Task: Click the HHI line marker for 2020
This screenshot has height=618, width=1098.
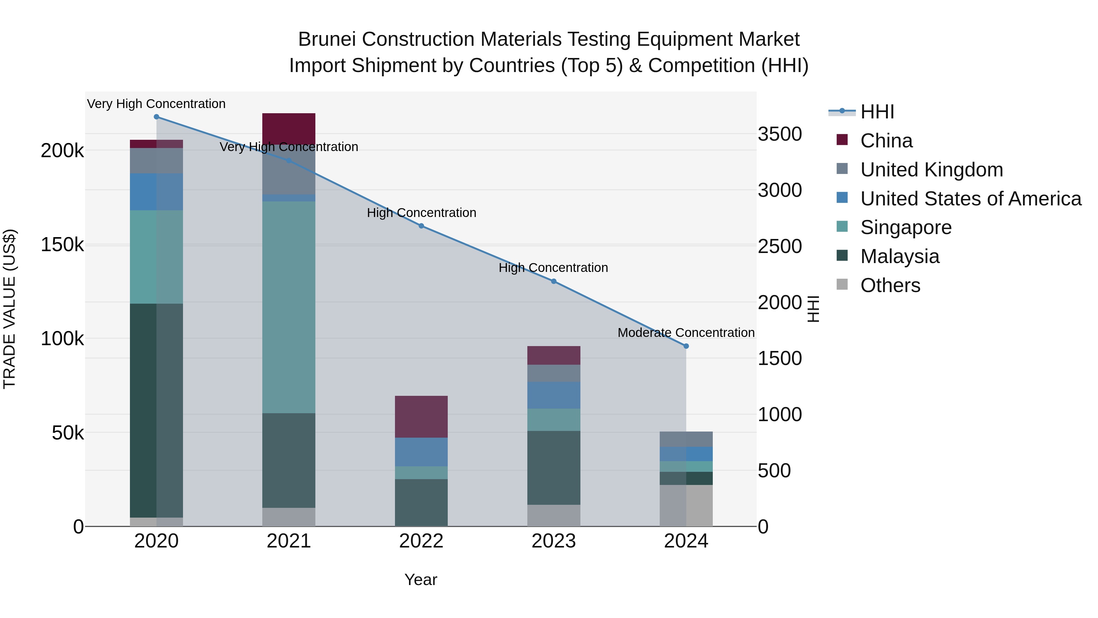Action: [x=156, y=117]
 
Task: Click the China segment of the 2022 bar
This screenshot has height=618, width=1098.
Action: [x=422, y=417]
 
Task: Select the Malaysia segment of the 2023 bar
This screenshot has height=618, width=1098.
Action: [x=554, y=468]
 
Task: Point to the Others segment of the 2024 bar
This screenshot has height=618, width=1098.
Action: [x=686, y=505]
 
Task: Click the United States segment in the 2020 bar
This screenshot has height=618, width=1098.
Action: [x=156, y=192]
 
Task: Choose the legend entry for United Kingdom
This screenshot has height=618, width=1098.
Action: [x=931, y=170]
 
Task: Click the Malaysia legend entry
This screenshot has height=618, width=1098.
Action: [x=899, y=256]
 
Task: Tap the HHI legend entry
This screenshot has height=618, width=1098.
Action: [x=877, y=112]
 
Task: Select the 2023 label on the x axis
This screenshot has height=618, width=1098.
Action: [x=554, y=541]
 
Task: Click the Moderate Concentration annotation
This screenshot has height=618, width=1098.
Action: [x=686, y=333]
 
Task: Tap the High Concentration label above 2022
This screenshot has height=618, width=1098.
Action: [x=422, y=213]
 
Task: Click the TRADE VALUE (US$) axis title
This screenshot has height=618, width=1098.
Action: [x=9, y=309]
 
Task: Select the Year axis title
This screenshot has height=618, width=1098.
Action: [x=421, y=580]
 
